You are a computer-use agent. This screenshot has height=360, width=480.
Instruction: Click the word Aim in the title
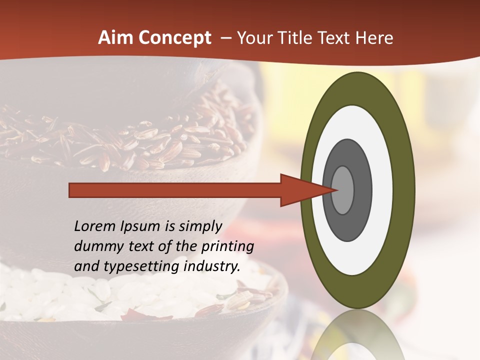point(116,38)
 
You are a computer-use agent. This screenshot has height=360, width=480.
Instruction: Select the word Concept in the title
point(175,38)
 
